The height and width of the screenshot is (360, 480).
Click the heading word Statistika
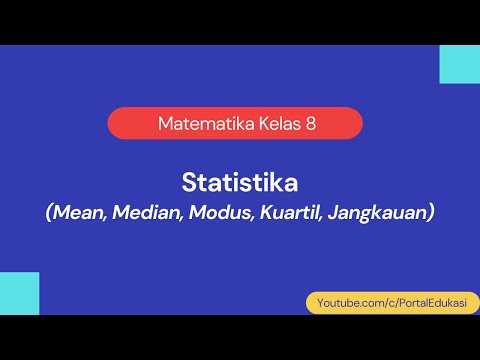[240, 183]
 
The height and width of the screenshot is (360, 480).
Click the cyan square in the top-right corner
[460, 64]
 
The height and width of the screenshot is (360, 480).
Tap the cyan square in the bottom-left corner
[19, 293]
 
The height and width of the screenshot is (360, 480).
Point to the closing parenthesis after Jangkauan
[431, 213]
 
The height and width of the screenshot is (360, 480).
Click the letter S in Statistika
[189, 183]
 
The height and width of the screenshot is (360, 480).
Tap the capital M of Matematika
[165, 124]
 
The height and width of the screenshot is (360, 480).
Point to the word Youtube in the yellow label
[338, 301]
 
